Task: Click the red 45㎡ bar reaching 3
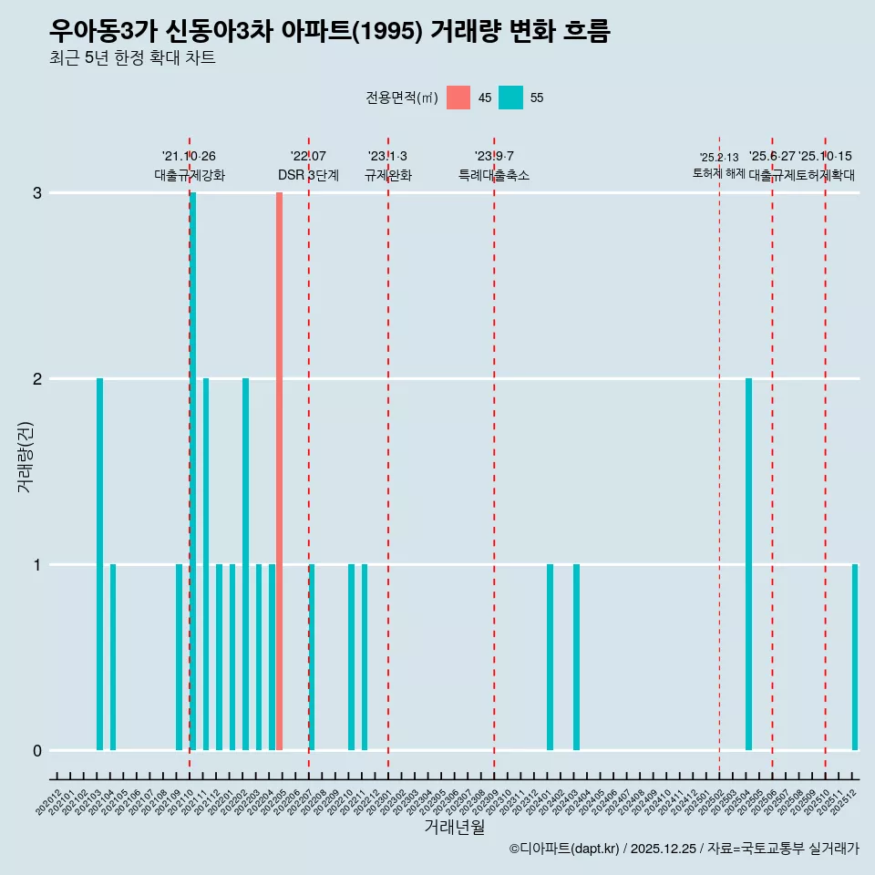[x=279, y=471]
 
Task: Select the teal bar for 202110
[x=193, y=471]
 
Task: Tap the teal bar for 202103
[x=99, y=564]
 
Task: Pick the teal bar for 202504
[x=748, y=564]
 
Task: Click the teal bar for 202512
[x=855, y=657]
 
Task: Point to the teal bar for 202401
[x=550, y=657]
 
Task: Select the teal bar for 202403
[x=576, y=657]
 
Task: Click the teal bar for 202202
[x=245, y=564]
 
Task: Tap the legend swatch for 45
[x=458, y=98]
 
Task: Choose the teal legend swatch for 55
[x=510, y=98]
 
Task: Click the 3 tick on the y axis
[x=37, y=192]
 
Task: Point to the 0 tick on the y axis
[x=37, y=750]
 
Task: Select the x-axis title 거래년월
[x=454, y=828]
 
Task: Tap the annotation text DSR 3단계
[x=308, y=175]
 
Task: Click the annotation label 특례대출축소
[x=493, y=175]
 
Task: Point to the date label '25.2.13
[x=719, y=158]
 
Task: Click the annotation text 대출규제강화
[x=190, y=175]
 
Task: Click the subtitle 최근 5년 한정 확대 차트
[x=132, y=58]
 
